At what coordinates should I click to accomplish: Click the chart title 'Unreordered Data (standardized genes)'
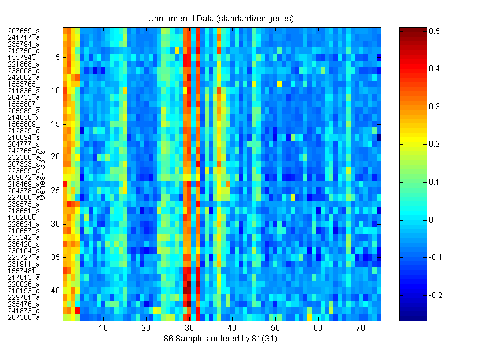click(x=221, y=18)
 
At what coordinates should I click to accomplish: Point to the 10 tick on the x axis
click(x=103, y=329)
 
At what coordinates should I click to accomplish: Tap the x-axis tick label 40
click(x=232, y=329)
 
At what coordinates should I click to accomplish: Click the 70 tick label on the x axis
click(x=361, y=329)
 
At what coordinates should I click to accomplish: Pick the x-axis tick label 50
click(x=275, y=329)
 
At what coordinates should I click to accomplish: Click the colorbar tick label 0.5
click(x=433, y=31)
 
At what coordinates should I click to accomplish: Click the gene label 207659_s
click(x=23, y=31)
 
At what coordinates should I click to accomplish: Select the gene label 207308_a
click(x=23, y=317)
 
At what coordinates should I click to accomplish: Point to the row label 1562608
click(x=21, y=217)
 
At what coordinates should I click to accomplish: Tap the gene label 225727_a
click(x=23, y=257)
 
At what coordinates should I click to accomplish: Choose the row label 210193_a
click(x=23, y=291)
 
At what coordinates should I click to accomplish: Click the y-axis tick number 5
click(x=58, y=57)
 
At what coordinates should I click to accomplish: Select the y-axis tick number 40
click(x=56, y=291)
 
